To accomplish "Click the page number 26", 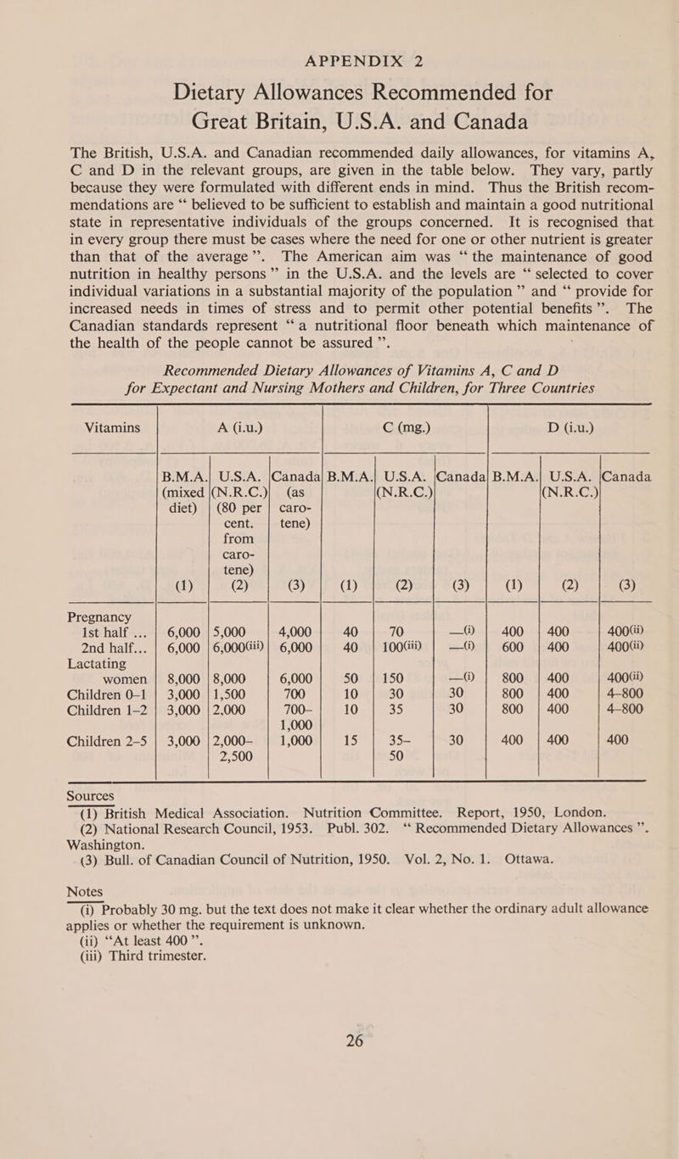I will (339, 1085).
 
